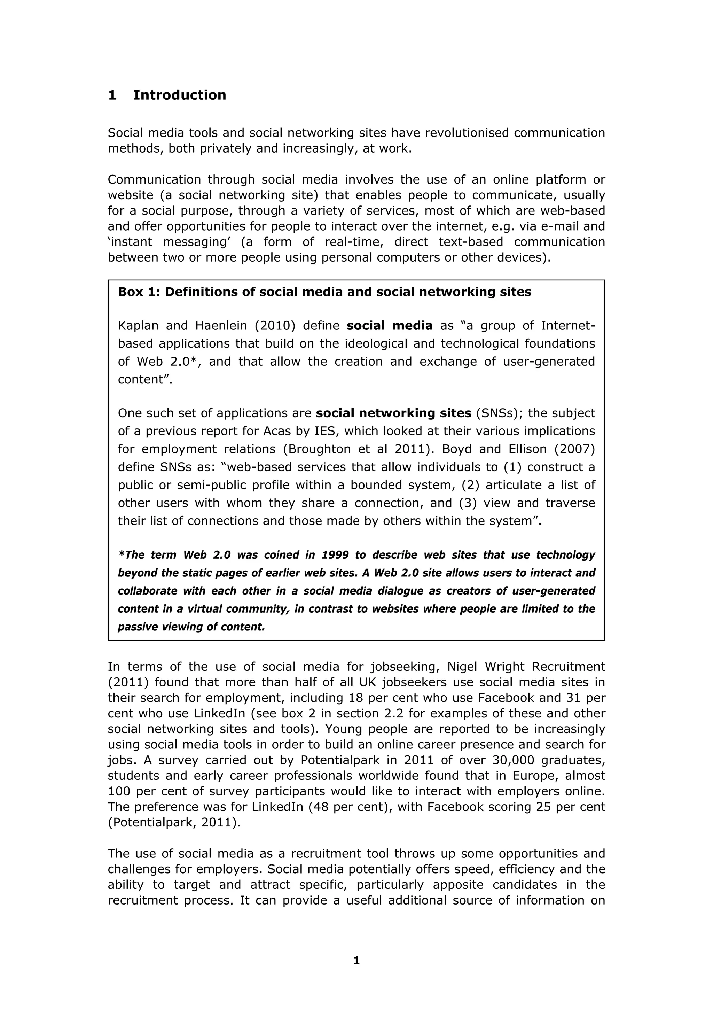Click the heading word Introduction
point(179,95)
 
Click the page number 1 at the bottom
point(356,961)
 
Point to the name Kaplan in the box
point(138,326)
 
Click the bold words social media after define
point(389,326)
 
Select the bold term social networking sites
point(393,413)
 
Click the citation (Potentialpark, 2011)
point(174,823)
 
